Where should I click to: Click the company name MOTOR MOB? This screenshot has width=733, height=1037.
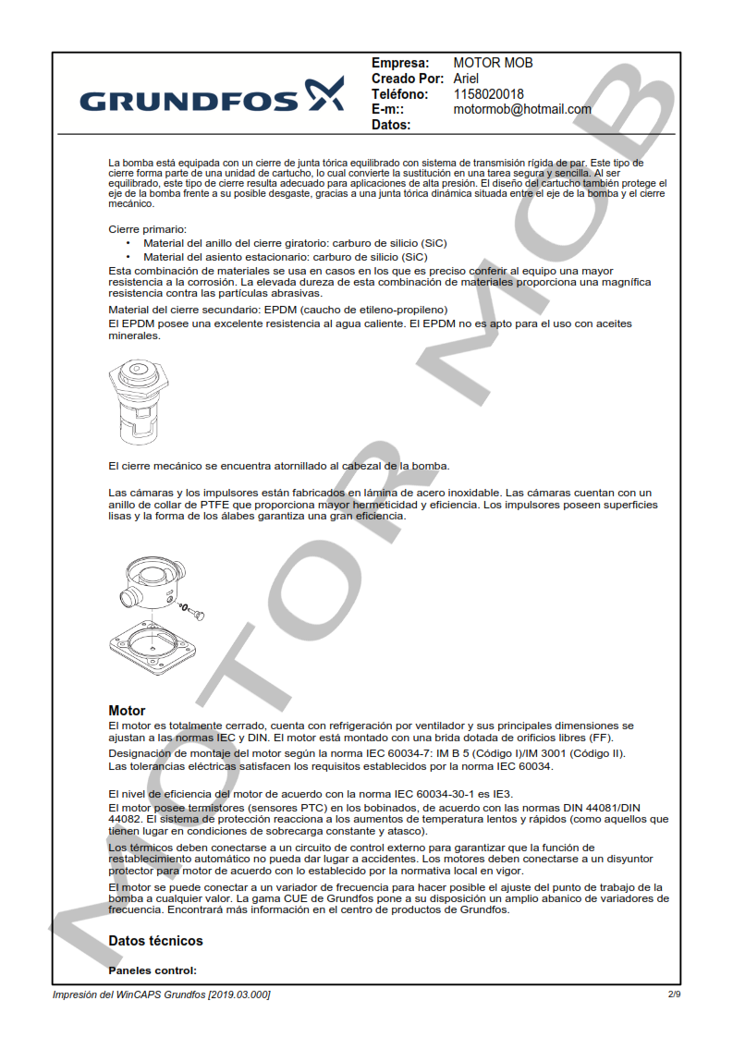pos(493,63)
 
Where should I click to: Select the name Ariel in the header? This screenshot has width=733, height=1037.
pos(466,79)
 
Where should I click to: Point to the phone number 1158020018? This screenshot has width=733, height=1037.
pos(488,94)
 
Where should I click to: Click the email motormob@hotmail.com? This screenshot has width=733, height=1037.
pos(521,109)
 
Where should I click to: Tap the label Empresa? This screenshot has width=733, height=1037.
pos(400,63)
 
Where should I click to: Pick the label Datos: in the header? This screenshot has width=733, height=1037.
pos(391,125)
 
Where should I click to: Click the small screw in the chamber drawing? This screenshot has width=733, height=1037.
pos(194,611)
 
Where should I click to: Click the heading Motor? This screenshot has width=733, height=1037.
pos(127,711)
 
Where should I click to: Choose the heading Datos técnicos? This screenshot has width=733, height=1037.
pos(155,941)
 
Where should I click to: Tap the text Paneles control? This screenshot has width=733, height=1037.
pos(153,971)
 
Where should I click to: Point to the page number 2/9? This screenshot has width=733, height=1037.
pos(674,994)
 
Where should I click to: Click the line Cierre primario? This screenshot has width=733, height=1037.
pos(148,229)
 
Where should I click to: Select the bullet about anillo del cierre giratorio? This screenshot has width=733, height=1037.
pos(295,243)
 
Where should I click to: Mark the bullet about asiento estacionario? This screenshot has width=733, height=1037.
pos(285,257)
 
